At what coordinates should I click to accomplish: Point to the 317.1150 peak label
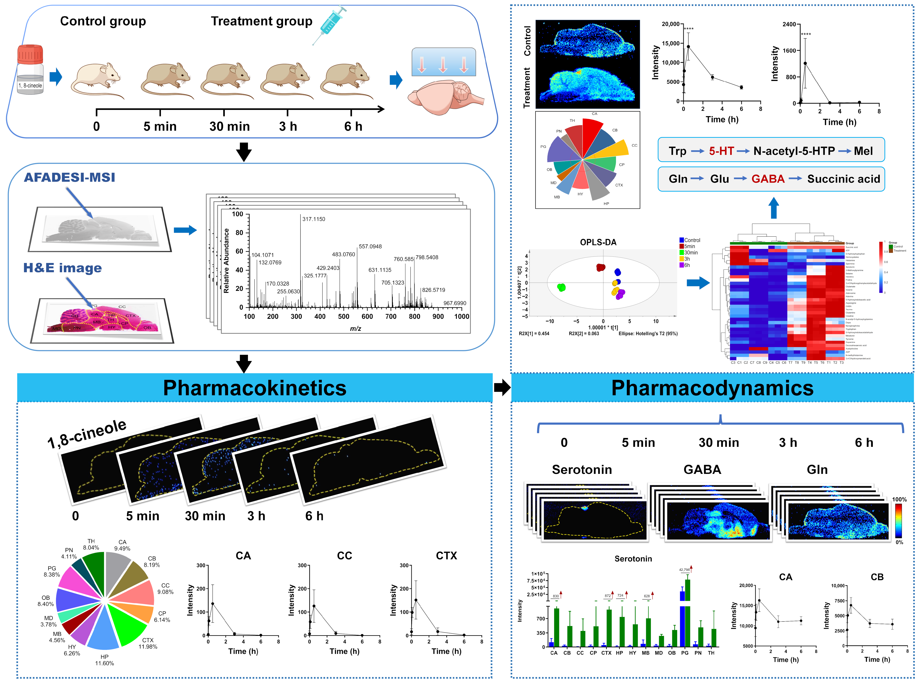314,219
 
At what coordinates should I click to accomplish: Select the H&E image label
63,268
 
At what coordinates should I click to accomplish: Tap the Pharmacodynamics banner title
712,388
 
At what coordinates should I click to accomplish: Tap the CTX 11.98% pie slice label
148,643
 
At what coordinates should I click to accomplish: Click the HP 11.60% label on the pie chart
104,660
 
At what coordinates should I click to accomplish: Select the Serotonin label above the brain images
582,470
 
